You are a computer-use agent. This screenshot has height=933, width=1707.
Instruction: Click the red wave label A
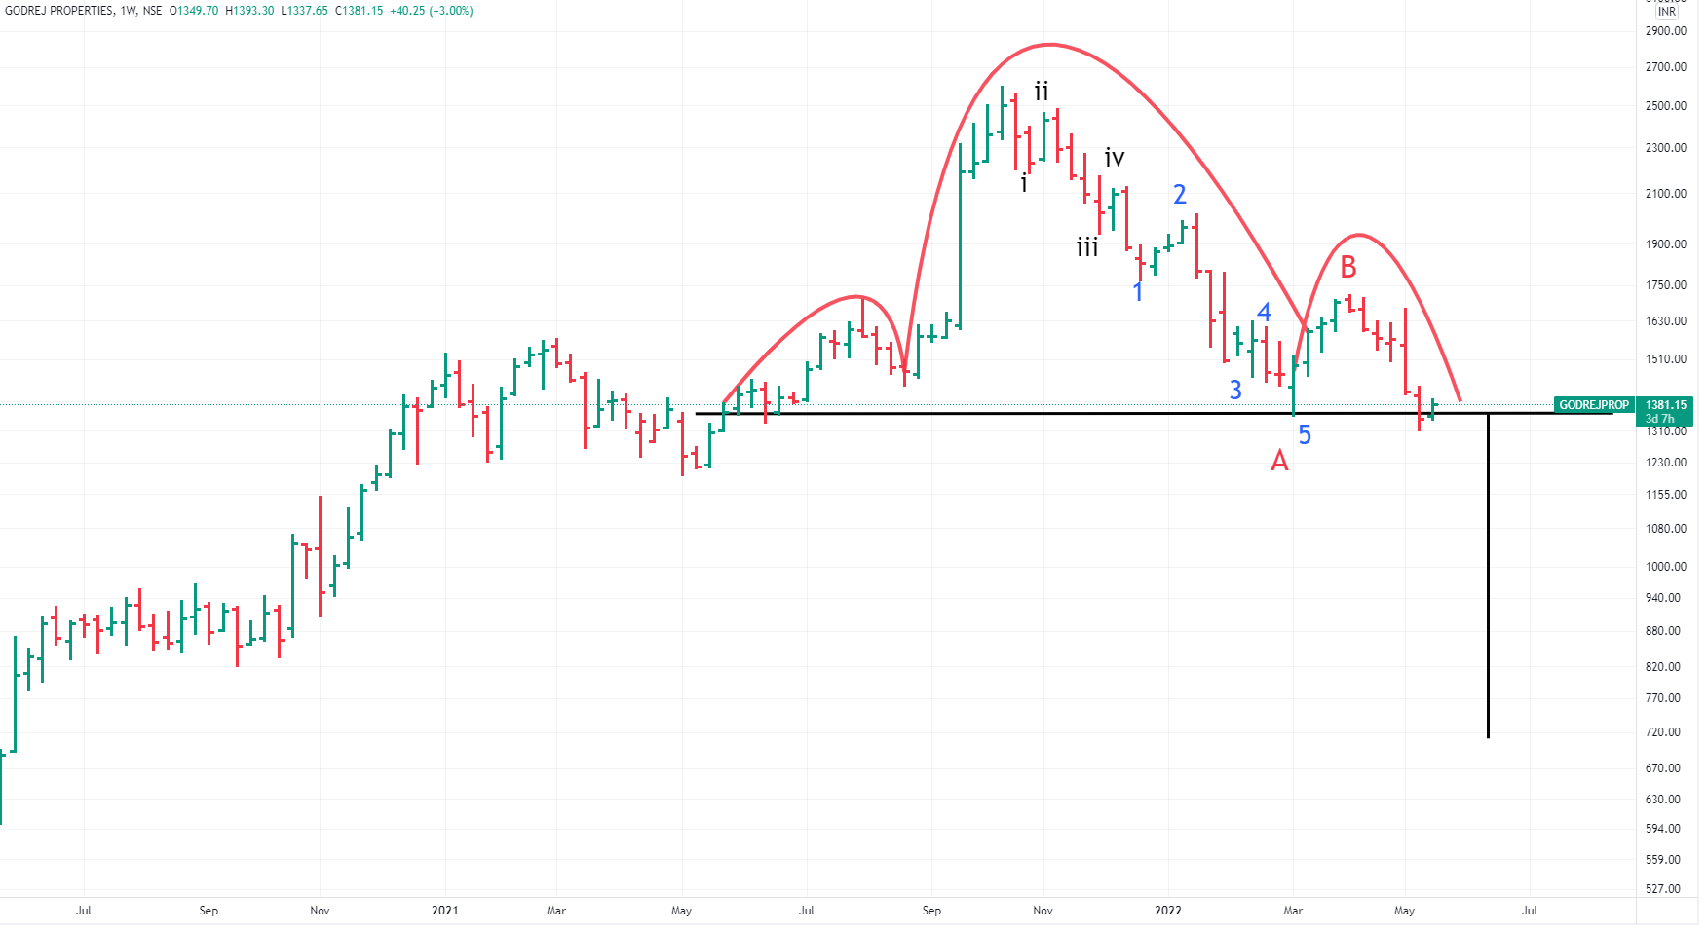coord(1279,461)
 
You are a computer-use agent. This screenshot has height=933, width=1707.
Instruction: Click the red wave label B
coord(1348,267)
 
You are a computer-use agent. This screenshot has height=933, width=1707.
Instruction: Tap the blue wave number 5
coord(1305,435)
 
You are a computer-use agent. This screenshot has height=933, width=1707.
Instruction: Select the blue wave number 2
coord(1180,195)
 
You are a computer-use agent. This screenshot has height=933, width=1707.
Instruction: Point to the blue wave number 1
coord(1138,291)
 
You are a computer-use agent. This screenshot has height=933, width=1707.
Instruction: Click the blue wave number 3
coord(1235,391)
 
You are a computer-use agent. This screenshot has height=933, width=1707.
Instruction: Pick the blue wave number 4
coord(1264,313)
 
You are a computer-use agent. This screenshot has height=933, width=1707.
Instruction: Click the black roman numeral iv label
coord(1115,157)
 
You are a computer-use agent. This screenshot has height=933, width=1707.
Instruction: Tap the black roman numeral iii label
coord(1087,247)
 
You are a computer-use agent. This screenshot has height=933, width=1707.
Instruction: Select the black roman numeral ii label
coord(1042,92)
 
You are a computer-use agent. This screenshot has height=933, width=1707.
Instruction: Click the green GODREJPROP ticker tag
coord(1593,405)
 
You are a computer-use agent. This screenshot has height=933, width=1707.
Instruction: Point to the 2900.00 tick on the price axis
coord(1665,31)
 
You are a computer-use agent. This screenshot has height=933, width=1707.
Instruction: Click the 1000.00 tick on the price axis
coord(1665,567)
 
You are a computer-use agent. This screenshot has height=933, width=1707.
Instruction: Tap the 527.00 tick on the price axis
coord(1662,889)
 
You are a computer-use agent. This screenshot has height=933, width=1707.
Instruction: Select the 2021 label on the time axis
coord(444,911)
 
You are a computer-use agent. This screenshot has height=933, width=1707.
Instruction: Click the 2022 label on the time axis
coord(1167,911)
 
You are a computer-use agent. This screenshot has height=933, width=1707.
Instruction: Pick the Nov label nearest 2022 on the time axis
coord(1043,911)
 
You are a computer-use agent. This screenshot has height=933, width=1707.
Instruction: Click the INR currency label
coord(1667,12)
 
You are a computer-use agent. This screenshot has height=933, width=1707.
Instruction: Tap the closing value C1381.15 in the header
coord(359,11)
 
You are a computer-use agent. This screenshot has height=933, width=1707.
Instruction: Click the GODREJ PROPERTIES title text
coord(58,11)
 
